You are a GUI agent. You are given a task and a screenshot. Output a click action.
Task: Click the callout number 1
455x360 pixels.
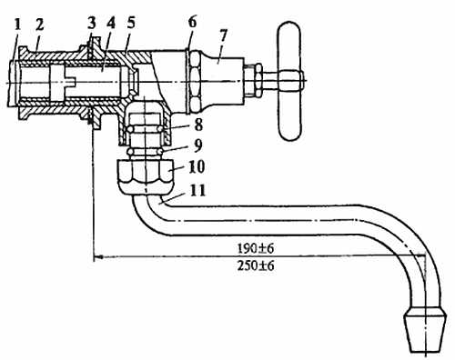click(x=18, y=25)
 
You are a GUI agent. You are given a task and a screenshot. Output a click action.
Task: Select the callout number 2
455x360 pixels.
click(x=40, y=25)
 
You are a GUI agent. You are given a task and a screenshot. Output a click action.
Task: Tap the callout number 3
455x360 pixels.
click(x=92, y=23)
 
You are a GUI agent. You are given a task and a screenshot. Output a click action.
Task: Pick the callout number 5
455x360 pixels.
click(x=131, y=24)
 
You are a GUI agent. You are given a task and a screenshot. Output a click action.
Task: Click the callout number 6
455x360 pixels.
click(x=192, y=23)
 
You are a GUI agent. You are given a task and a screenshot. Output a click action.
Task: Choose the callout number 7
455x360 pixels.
click(x=223, y=37)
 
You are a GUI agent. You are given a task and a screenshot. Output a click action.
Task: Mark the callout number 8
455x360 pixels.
click(x=198, y=125)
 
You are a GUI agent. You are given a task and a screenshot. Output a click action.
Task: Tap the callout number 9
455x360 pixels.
click(x=197, y=145)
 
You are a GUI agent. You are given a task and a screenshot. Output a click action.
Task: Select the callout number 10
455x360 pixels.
click(x=197, y=166)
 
